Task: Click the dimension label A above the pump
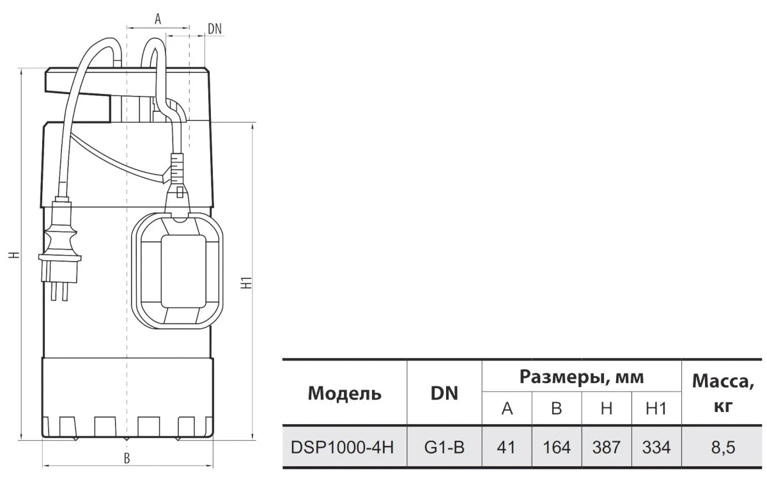(x=157, y=19)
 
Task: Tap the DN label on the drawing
(x=215, y=28)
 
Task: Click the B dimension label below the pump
(x=127, y=458)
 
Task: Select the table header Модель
(x=345, y=393)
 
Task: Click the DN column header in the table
(x=444, y=393)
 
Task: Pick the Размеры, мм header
(x=581, y=377)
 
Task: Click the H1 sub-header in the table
(x=656, y=409)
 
